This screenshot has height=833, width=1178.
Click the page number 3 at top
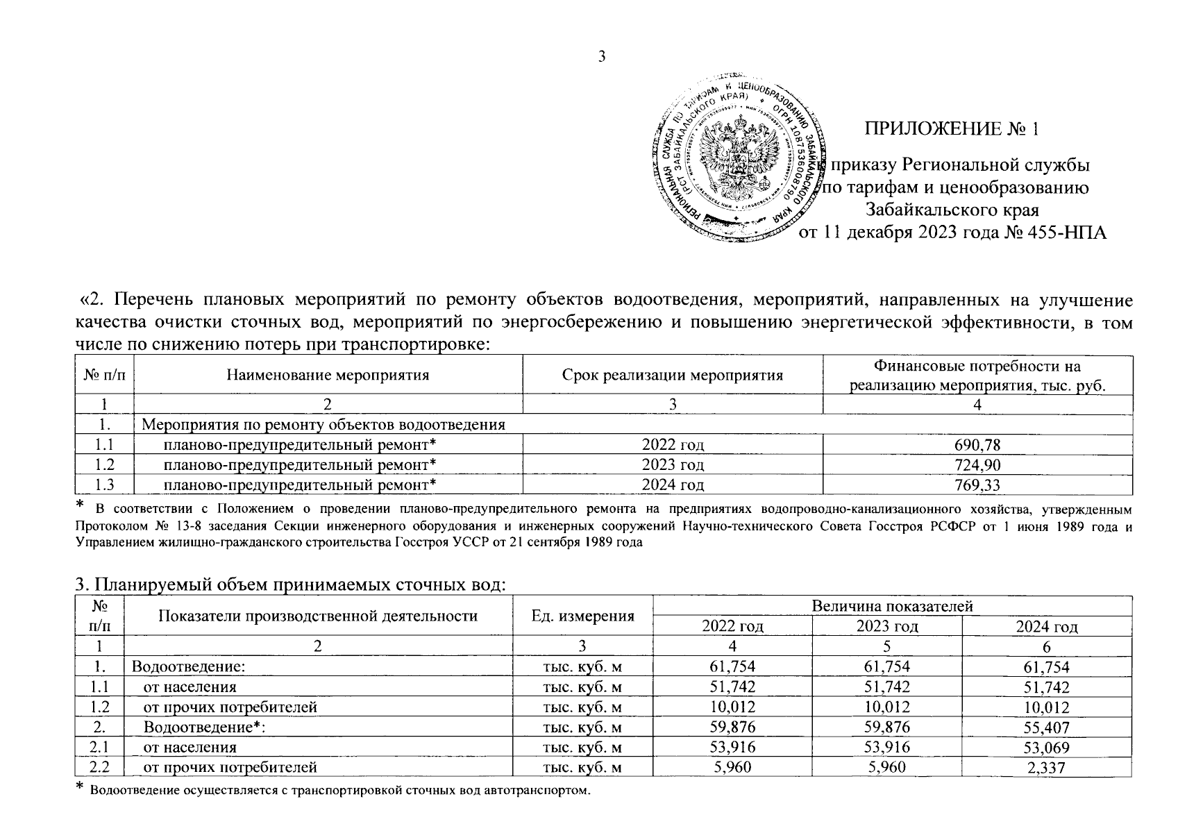[x=602, y=58]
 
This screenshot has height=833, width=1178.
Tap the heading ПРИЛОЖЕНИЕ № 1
[x=952, y=130]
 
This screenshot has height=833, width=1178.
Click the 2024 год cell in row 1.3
[x=672, y=485]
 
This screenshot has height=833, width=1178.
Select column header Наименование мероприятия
[x=328, y=376]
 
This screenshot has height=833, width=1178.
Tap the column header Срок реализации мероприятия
[x=672, y=376]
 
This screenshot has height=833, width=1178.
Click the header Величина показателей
[x=892, y=606]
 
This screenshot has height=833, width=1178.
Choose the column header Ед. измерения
[x=582, y=616]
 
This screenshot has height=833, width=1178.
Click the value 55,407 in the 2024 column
[x=1046, y=728]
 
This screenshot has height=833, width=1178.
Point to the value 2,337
[x=1046, y=768]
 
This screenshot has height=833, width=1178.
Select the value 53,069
[x=1046, y=748]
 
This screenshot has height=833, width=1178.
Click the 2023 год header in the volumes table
[x=886, y=627]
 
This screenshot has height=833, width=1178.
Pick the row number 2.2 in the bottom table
[x=101, y=768]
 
